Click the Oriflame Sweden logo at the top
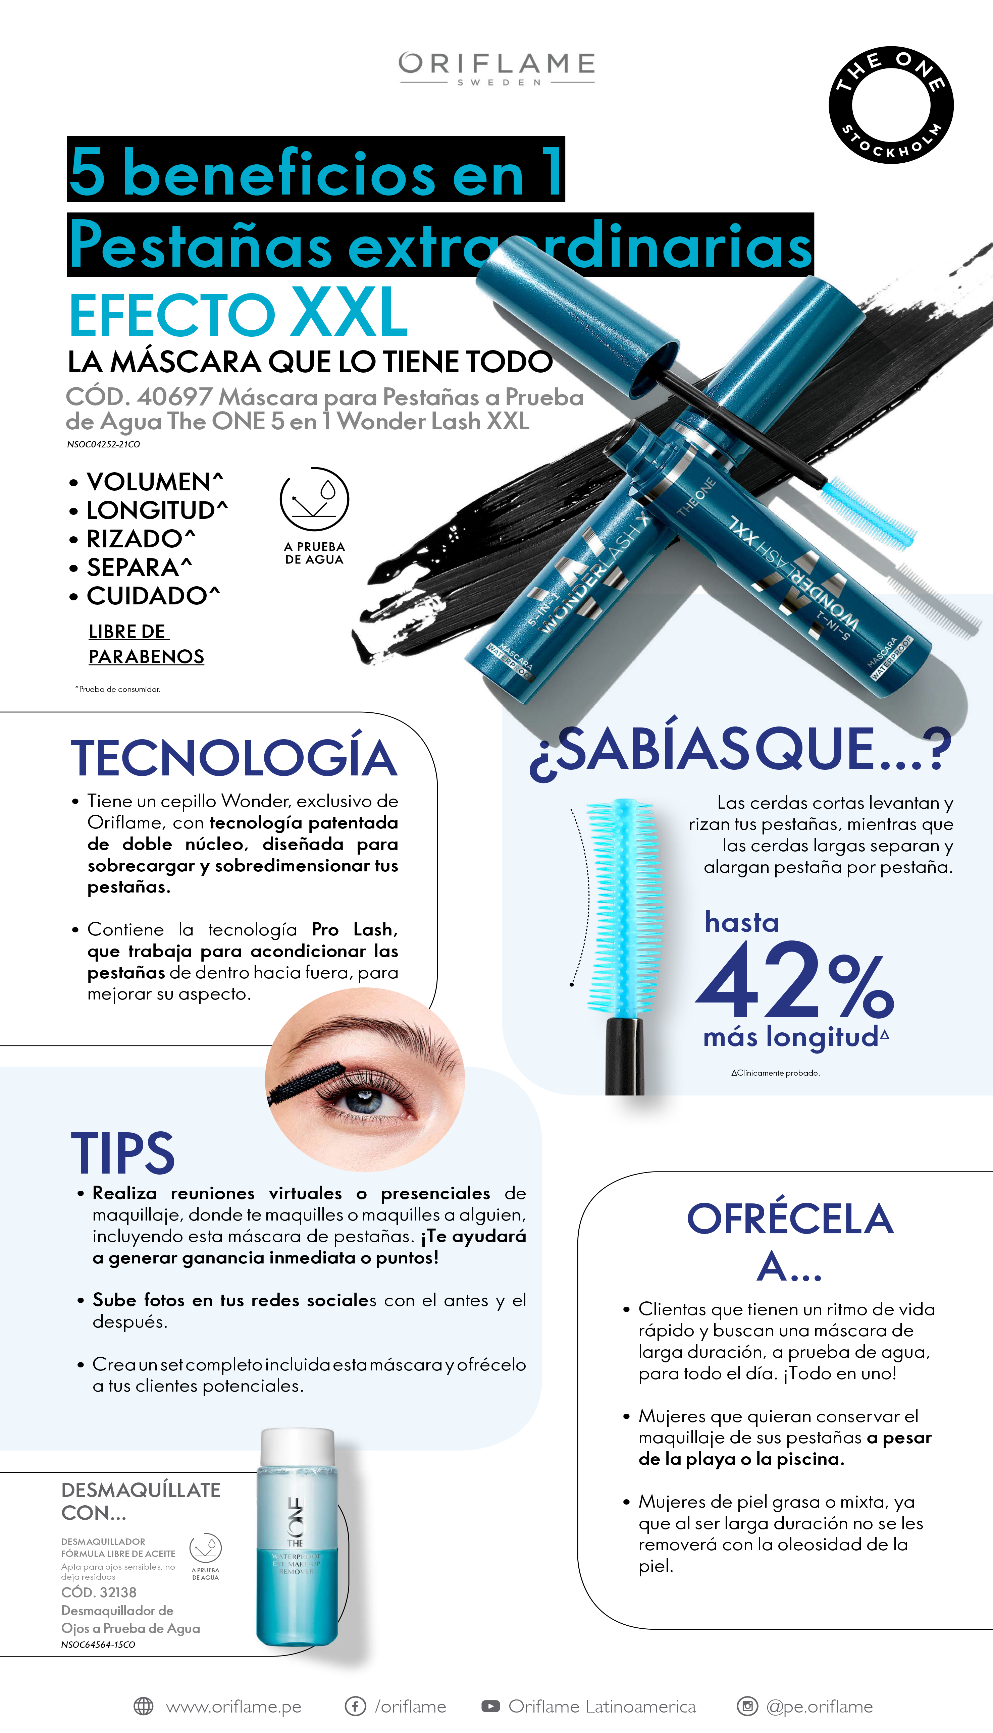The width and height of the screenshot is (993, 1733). click(x=496, y=68)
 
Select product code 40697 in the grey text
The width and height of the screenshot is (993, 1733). click(x=174, y=397)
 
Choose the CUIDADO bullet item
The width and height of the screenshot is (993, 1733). click(x=145, y=596)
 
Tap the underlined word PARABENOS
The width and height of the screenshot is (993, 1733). click(x=147, y=656)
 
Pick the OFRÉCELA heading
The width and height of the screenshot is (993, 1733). click(x=790, y=1219)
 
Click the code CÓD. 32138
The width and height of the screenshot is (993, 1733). click(x=99, y=1592)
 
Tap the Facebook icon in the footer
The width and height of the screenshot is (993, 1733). click(x=355, y=1707)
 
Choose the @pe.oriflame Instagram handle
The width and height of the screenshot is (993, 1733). click(x=819, y=1707)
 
